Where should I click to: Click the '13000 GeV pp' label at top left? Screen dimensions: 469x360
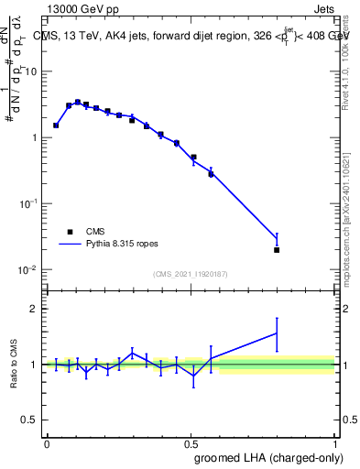(81, 10)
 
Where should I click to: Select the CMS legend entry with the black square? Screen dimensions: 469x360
(69, 233)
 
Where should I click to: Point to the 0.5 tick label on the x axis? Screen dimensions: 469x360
(191, 442)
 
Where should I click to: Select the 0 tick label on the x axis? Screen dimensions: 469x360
(47, 442)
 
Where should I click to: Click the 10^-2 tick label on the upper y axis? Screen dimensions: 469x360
(30, 269)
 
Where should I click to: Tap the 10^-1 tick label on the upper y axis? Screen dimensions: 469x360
(30, 203)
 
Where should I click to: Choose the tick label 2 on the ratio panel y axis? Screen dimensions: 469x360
(35, 309)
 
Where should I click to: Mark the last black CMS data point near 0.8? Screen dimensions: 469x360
(277, 249)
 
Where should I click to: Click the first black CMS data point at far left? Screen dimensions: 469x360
(56, 125)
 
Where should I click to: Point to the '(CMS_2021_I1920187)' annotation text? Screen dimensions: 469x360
(190, 274)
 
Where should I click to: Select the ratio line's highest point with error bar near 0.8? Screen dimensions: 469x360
(277, 333)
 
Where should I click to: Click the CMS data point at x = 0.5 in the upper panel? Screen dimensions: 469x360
(193, 158)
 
